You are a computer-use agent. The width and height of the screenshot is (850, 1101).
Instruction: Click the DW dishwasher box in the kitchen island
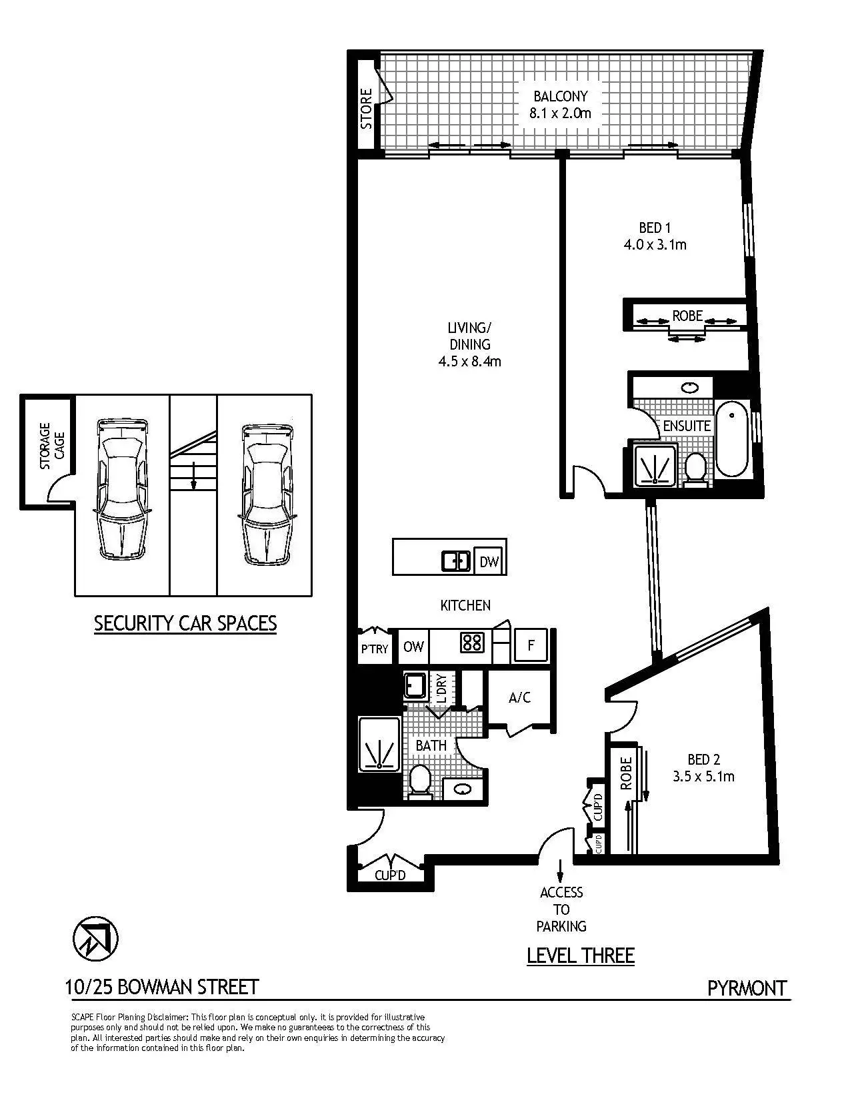tap(489, 562)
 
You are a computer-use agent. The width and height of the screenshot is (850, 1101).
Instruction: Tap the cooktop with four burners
tap(472, 643)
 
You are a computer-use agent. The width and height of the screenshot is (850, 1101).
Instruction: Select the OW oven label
tap(413, 647)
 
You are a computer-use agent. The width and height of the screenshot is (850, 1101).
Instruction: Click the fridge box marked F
tap(531, 645)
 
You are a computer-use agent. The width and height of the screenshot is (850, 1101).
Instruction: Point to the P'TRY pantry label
tap(374, 648)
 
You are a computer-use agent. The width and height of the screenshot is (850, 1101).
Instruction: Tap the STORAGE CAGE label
tap(51, 446)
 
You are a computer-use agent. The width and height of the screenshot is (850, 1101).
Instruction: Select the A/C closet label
tap(519, 698)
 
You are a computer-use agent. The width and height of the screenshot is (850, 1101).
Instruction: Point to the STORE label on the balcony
tap(366, 109)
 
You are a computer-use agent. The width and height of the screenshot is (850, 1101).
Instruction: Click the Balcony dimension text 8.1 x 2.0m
tap(560, 113)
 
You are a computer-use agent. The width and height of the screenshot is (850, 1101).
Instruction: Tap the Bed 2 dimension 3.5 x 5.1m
tap(703, 777)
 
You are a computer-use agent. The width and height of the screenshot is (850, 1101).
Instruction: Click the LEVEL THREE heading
tap(580, 956)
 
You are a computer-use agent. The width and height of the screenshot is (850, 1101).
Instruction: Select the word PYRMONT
tap(747, 988)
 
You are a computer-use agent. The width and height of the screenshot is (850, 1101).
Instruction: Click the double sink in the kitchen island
tap(457, 561)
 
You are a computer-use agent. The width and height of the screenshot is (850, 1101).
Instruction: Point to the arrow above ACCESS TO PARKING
tap(560, 869)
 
